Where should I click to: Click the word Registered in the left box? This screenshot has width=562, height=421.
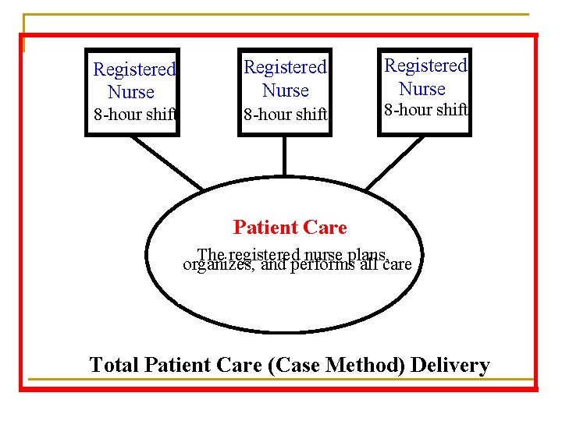point(134,69)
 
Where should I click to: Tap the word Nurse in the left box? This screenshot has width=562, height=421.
point(131,92)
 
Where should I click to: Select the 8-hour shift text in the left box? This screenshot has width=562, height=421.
point(134,115)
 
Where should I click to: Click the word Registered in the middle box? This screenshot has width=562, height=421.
point(285,68)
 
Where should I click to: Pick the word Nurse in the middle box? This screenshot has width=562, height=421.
point(286,90)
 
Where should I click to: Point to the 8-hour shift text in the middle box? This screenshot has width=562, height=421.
point(285,115)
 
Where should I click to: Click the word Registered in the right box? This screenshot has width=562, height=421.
point(425,65)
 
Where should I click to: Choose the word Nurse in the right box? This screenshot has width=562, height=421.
point(422,88)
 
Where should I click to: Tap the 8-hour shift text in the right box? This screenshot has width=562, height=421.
point(425,110)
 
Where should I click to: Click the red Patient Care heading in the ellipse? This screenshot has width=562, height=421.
point(290,228)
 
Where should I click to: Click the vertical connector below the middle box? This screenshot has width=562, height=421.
point(285,157)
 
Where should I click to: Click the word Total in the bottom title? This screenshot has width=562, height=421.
point(112,365)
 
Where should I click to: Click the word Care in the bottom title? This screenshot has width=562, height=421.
point(240,365)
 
